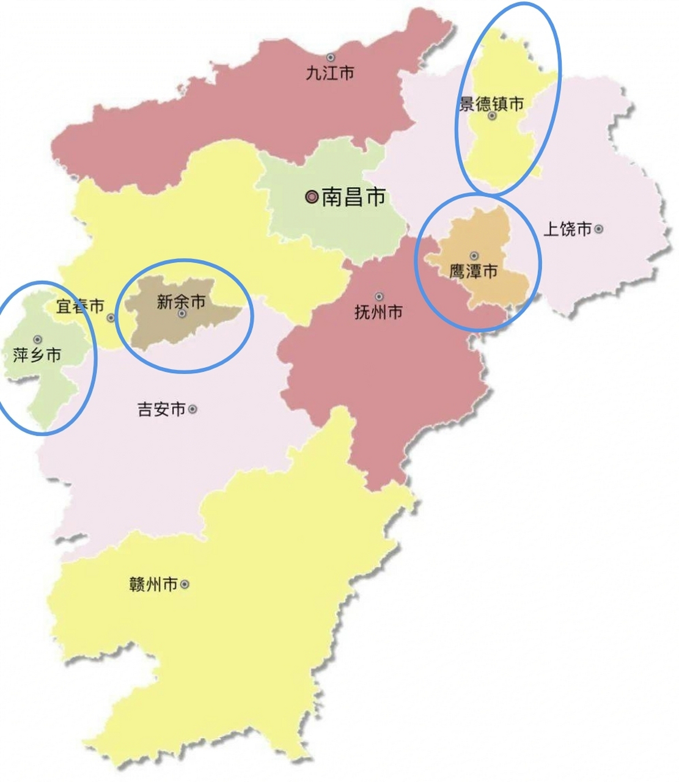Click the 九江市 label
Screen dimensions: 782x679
(x=330, y=74)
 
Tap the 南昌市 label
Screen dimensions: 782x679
(x=353, y=197)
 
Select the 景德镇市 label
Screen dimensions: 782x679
(x=491, y=104)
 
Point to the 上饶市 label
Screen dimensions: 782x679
(x=568, y=229)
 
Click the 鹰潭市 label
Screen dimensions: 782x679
(x=474, y=271)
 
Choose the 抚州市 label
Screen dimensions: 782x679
(x=378, y=312)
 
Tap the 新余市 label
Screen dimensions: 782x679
(x=181, y=301)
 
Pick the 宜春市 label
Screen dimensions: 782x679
(x=80, y=306)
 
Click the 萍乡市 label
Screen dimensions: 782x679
(x=37, y=354)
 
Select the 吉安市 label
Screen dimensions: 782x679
(x=161, y=409)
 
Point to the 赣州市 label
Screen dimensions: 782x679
(x=153, y=585)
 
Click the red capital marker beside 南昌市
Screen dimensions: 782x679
(x=312, y=197)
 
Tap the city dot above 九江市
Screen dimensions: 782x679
(x=330, y=57)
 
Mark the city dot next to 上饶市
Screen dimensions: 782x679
(x=599, y=229)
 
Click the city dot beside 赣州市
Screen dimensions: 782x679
(x=185, y=585)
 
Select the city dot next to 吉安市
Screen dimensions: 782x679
(x=193, y=409)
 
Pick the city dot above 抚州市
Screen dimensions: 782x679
(x=379, y=297)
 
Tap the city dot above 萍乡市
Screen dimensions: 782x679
(x=38, y=339)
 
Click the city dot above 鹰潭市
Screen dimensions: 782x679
(x=474, y=256)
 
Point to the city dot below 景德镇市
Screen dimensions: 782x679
(x=492, y=116)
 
